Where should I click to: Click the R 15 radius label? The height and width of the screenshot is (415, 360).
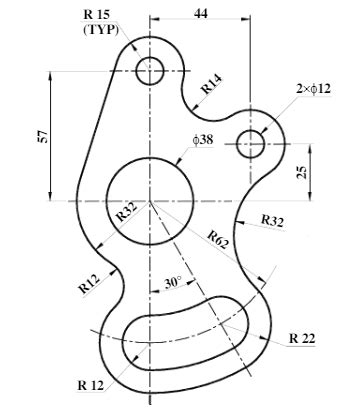[99, 14]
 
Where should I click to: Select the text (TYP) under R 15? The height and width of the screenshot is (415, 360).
[99, 29]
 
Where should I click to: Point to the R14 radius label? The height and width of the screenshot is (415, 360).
[211, 84]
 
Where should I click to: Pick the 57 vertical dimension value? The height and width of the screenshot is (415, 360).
[43, 136]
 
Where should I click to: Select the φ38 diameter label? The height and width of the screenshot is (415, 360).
[204, 141]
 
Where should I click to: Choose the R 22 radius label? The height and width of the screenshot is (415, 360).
[301, 338]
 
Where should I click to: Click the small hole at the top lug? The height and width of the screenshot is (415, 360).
[150, 70]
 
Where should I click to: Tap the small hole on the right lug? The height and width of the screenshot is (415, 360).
[250, 144]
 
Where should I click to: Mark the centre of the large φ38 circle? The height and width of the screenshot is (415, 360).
[150, 201]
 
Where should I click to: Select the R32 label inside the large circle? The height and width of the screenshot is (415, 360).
[127, 211]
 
